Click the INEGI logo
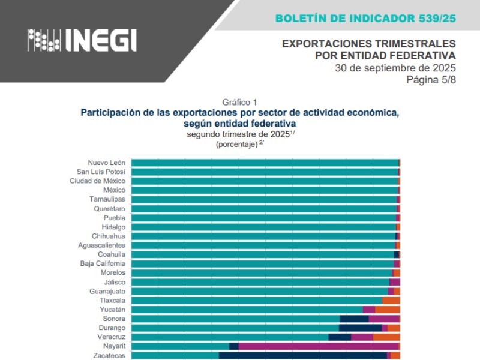pos(82,40)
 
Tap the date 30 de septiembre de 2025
pos(395,67)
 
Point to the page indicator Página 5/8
pos(431,79)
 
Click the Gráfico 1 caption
pos(239,102)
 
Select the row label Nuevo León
pos(106,163)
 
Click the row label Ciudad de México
pos(97,181)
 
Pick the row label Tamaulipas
pos(107,199)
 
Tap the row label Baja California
pos(103,263)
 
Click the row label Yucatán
pos(112,310)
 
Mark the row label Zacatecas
pos(109,355)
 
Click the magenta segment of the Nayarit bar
pos(318,346)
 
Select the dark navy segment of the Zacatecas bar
pos(303,355)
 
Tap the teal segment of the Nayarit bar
pos(180,346)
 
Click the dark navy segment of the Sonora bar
pos(354,319)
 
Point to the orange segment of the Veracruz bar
pos(386,337)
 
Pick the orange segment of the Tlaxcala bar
pos(391,300)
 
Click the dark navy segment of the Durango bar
pos(360,328)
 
